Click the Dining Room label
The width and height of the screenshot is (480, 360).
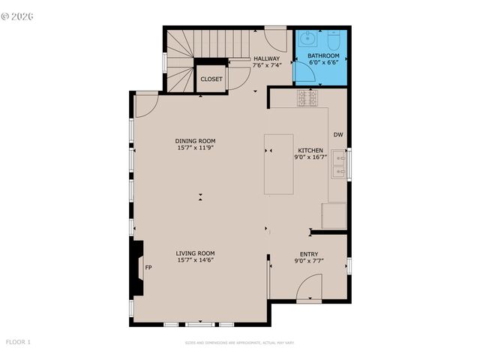(x=196, y=141)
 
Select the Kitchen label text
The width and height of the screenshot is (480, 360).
(x=310, y=150)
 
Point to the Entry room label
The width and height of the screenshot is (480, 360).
(x=309, y=253)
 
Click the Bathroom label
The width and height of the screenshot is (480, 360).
(x=323, y=55)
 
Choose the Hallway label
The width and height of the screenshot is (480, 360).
(x=266, y=58)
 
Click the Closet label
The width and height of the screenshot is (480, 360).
(x=211, y=79)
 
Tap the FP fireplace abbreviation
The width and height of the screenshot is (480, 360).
(x=148, y=268)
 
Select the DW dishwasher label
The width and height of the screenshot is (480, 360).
(x=338, y=135)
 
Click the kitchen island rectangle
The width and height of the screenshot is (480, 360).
(x=278, y=164)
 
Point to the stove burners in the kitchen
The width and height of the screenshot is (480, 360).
(x=307, y=97)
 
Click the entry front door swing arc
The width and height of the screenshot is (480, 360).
(x=310, y=286)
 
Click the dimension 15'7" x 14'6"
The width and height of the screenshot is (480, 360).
(x=196, y=260)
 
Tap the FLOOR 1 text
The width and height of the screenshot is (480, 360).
(x=19, y=342)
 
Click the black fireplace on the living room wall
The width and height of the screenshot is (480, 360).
(x=137, y=268)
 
